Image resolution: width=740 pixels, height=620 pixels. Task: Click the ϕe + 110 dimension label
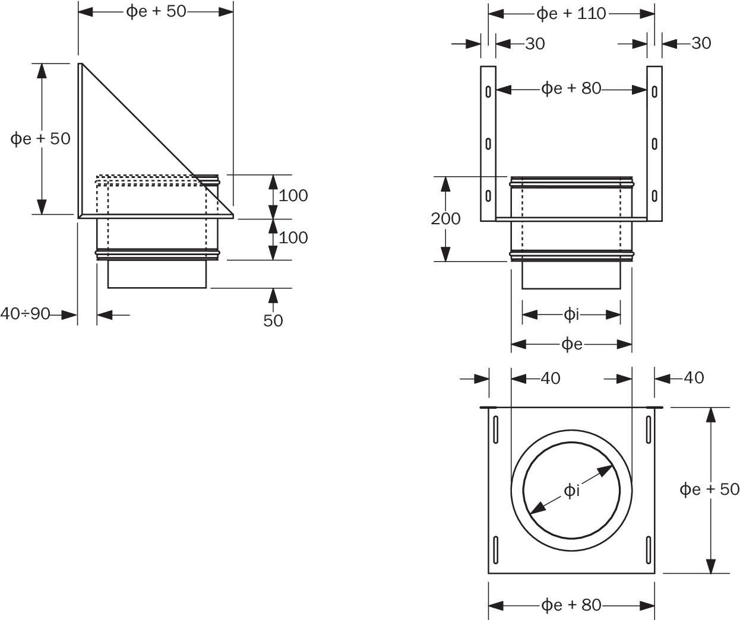pos(571,13)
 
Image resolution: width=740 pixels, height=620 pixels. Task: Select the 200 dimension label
pos(445,218)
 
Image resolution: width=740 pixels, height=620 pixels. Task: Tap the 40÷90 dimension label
pos(25,314)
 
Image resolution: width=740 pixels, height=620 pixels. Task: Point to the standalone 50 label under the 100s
pos(273,320)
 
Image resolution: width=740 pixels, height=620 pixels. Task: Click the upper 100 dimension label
pos(293,195)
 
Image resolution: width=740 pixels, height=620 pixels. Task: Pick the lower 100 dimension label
pos(293,237)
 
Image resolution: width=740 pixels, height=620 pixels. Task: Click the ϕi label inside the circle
pos(571,490)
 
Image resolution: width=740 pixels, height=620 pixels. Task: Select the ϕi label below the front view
pos(571,314)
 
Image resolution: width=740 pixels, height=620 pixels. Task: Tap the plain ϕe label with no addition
pos(571,344)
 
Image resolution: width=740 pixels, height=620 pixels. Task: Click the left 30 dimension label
pos(535,43)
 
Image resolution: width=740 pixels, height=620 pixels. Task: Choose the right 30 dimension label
pos(701,43)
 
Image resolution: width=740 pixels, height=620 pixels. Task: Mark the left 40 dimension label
pos(550,378)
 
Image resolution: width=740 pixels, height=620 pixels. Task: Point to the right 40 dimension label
pos(693,377)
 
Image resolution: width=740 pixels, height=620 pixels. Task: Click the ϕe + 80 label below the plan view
pos(571,605)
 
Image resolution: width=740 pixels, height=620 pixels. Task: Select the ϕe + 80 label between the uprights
pos(571,89)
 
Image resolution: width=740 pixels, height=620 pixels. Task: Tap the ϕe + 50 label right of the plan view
pos(709,489)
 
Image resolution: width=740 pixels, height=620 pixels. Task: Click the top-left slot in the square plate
pos(494,428)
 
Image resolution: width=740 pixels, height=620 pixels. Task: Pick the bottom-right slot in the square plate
pos(649,549)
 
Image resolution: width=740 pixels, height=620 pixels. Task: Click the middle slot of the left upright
pos(488,143)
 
